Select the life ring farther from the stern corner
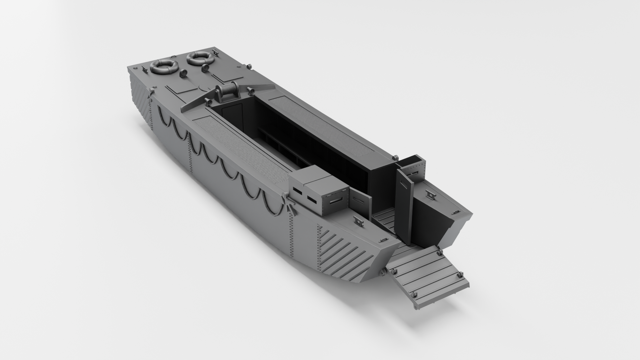(200, 58)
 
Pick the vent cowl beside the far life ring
(205, 68)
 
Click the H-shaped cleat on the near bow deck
(358, 220)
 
